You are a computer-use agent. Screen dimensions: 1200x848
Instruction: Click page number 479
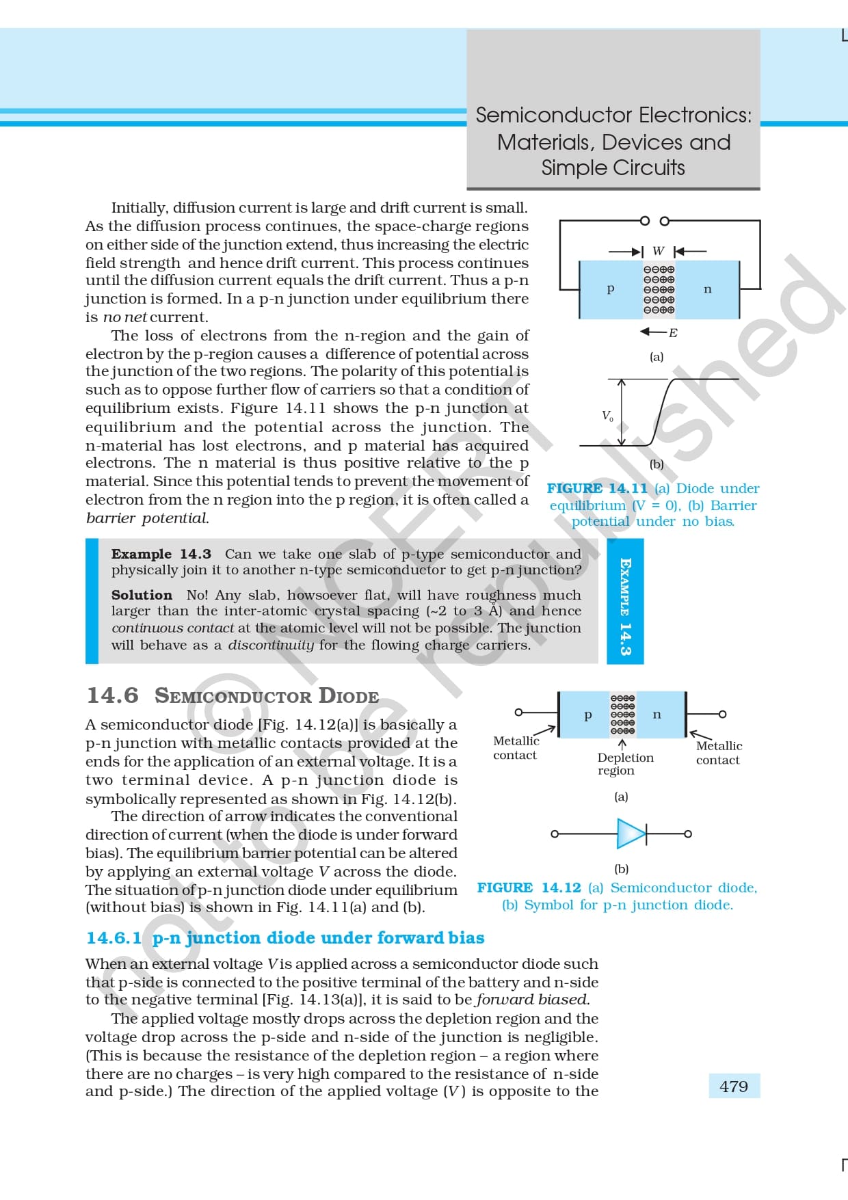(734, 1086)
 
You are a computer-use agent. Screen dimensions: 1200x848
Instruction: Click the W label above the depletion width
(658, 251)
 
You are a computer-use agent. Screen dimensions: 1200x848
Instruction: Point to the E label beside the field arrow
(673, 333)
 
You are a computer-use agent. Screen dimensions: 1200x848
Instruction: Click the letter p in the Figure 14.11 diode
(611, 289)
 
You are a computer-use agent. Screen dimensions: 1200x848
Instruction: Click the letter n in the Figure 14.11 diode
(707, 289)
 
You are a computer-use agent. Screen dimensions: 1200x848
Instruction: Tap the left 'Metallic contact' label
(516, 747)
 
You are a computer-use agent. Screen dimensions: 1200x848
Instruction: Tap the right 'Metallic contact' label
(719, 752)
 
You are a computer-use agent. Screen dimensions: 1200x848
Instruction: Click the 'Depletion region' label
(625, 764)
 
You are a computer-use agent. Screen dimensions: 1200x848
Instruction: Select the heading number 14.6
(112, 695)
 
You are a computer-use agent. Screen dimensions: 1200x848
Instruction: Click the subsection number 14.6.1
(114, 937)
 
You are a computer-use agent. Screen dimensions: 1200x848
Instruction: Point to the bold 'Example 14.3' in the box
(161, 554)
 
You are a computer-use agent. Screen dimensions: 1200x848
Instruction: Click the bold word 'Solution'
(142, 595)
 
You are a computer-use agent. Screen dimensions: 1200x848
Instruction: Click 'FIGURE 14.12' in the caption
(529, 888)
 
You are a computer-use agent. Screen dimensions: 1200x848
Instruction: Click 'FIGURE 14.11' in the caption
(596, 488)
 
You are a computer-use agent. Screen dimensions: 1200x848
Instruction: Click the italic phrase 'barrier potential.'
(147, 518)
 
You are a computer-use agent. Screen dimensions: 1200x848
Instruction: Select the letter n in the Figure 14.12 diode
(657, 715)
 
